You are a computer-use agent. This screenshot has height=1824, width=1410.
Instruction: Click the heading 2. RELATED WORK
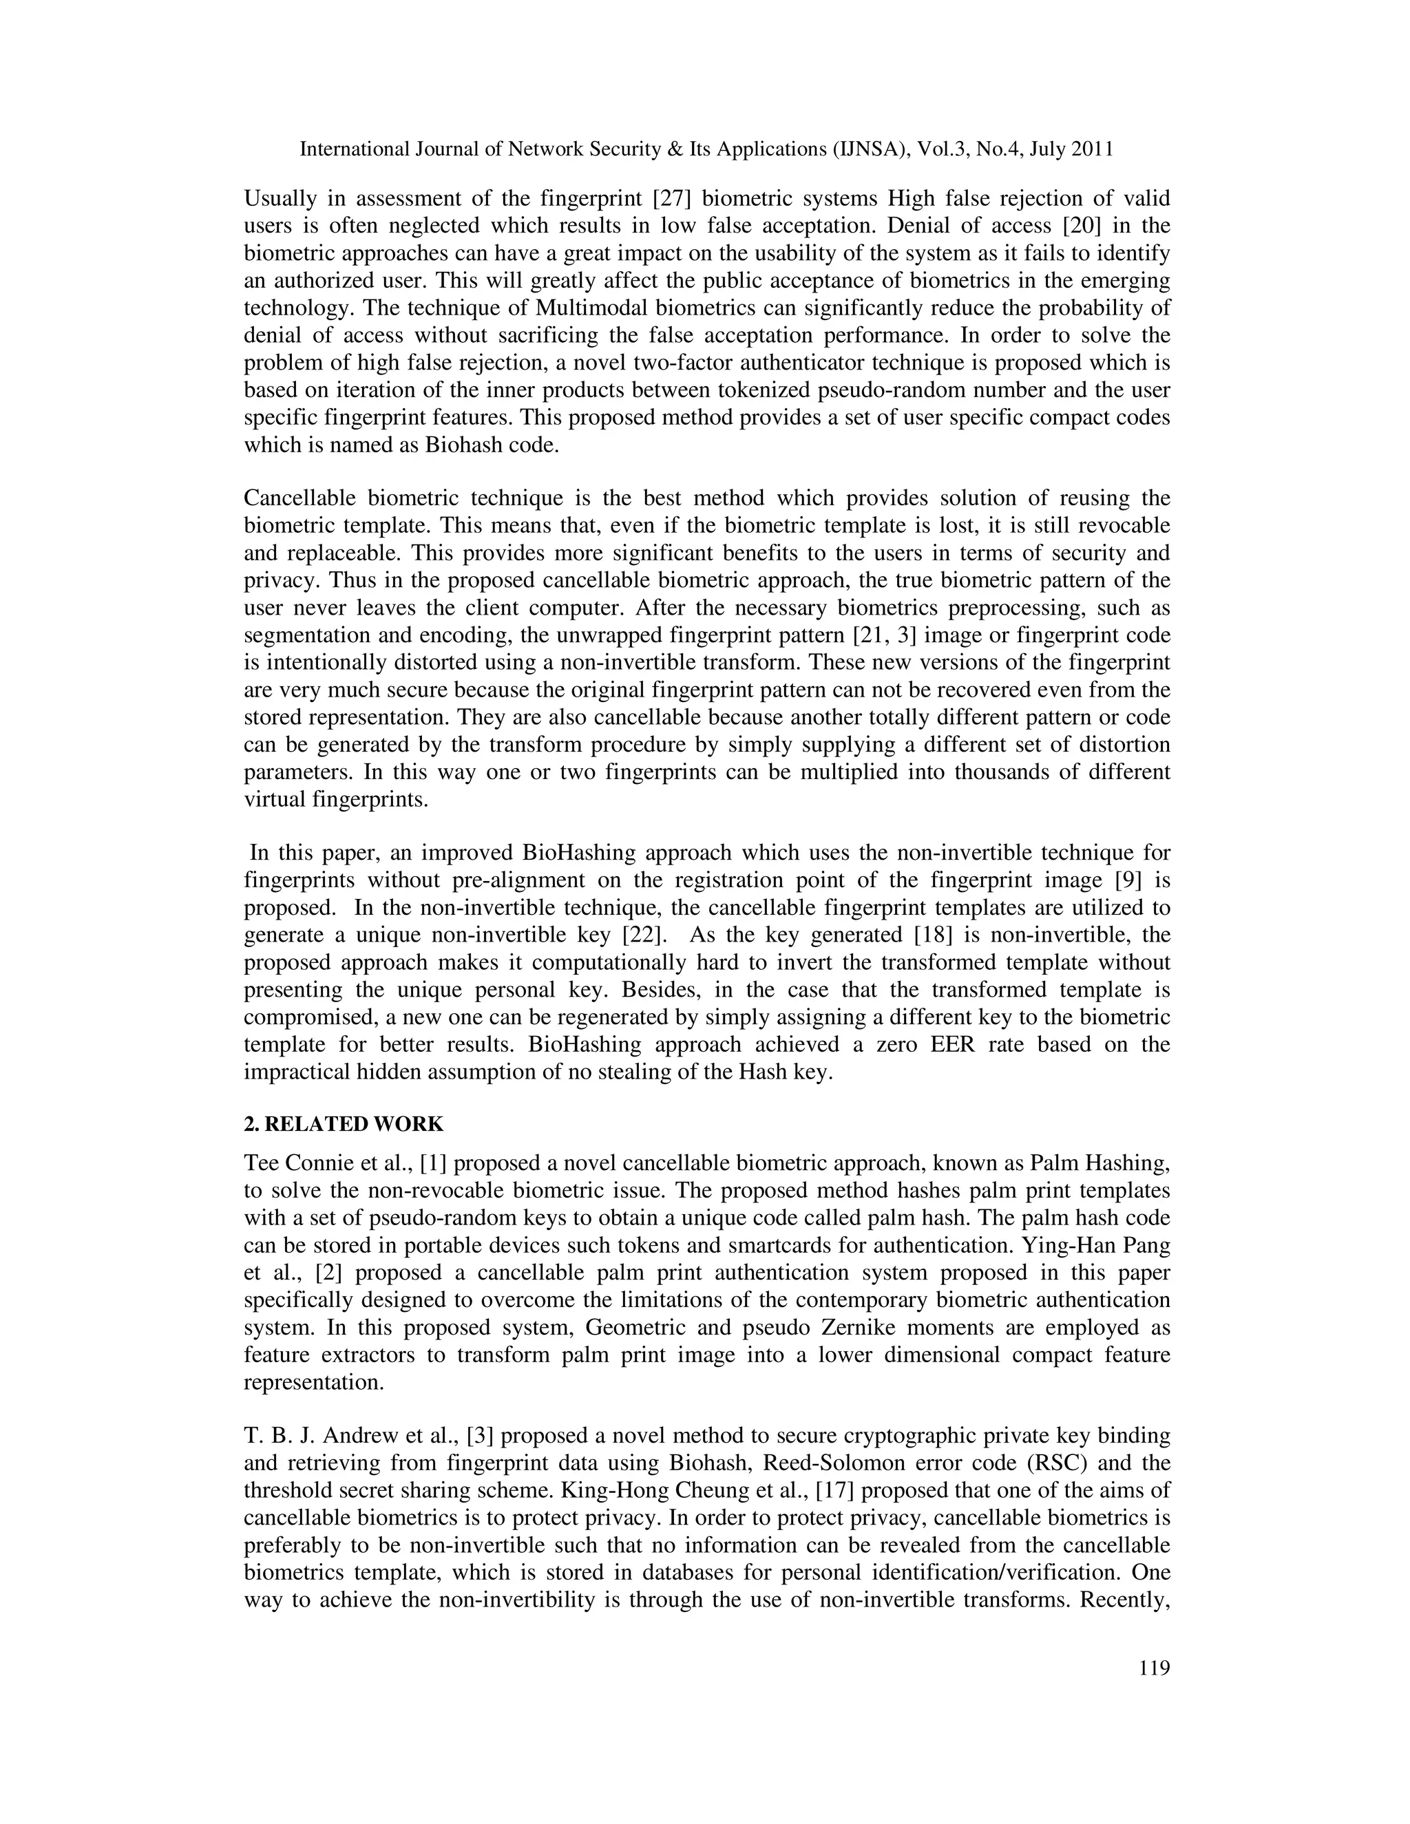tap(344, 1123)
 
